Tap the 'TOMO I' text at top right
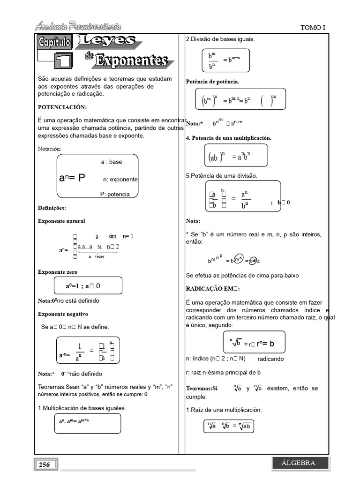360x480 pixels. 312,28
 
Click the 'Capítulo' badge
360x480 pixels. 54,43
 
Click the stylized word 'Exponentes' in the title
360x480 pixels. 131,60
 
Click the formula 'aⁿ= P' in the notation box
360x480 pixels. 72,178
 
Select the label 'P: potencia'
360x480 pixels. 115,194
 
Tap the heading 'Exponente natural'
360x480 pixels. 61,221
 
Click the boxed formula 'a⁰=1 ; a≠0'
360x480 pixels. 89,285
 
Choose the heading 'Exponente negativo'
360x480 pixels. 63,314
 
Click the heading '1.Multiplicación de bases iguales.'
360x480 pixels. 82,408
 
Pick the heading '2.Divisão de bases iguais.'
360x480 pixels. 220,39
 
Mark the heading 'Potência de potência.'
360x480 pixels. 212,82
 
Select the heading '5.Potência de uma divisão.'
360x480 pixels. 222,175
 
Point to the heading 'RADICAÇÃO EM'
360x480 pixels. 213,288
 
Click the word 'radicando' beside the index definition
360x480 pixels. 270,359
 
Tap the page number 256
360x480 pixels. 45,465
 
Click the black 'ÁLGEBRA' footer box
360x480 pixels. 298,463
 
